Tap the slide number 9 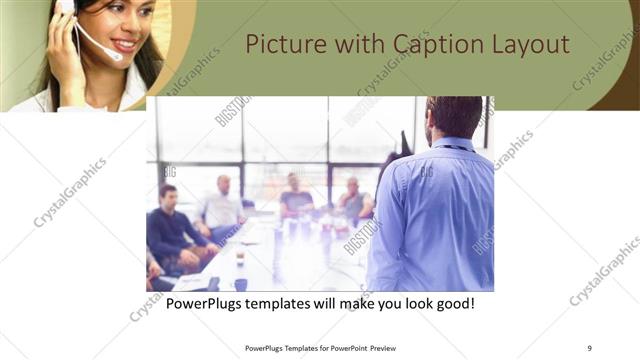click(x=589, y=348)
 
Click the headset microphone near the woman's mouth click(x=112, y=54)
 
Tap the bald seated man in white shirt click(x=222, y=205)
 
